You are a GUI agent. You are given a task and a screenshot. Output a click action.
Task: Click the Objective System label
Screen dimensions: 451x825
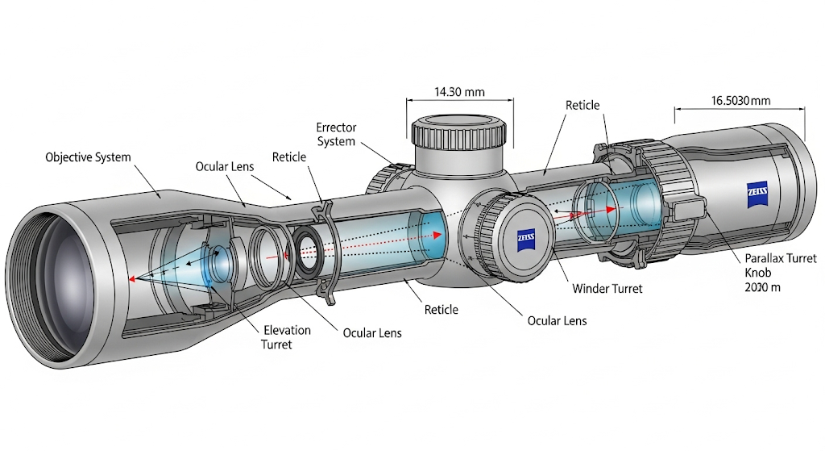coord(88,157)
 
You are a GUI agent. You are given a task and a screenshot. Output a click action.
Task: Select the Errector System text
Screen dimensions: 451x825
coord(336,135)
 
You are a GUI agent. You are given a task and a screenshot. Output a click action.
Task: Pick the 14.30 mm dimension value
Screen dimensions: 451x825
coord(459,91)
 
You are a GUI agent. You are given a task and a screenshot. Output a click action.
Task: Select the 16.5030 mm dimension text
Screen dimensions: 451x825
coord(740,101)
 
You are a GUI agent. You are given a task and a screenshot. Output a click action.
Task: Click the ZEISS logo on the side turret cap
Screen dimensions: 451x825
coord(528,240)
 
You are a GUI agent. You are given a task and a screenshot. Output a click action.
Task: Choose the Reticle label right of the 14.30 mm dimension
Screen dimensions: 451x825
coord(582,106)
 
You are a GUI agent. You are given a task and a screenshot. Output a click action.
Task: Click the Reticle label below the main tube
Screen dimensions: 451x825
coord(441,310)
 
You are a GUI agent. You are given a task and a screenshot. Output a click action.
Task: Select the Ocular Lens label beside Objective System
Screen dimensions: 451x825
coord(225,167)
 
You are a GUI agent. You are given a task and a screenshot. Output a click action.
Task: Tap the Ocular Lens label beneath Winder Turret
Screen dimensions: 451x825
coord(557,320)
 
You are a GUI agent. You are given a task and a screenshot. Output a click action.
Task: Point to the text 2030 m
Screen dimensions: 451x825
coord(762,287)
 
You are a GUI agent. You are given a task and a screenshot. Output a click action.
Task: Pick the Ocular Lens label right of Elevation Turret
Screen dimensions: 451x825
coord(371,332)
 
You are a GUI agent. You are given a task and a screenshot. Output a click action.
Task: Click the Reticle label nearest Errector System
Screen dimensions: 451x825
coord(289,157)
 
